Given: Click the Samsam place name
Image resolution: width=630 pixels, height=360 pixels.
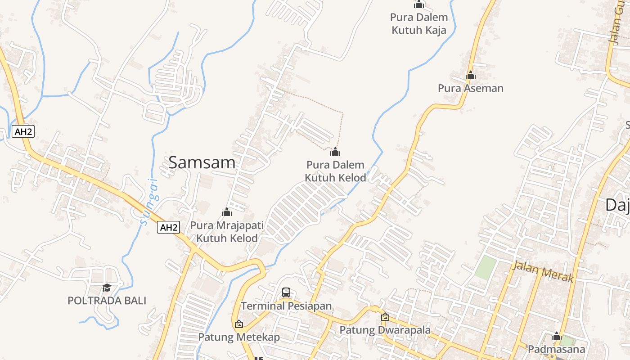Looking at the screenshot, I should click(x=202, y=162).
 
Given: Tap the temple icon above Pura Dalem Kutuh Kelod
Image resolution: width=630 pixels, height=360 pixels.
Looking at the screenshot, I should click(x=335, y=152).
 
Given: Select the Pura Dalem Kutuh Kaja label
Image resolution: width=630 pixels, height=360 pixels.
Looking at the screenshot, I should click(x=419, y=24).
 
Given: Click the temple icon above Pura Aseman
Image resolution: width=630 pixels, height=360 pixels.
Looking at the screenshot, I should click(x=471, y=75).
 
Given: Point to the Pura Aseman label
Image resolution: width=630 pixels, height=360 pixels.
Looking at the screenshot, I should click(x=471, y=88).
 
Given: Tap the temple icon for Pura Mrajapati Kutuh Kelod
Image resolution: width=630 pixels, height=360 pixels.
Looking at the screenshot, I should click(x=227, y=212).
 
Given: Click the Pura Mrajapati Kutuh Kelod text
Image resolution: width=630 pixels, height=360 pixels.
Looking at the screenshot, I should click(x=227, y=231).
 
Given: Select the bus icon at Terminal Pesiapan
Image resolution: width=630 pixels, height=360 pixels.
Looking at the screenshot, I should click(x=286, y=292).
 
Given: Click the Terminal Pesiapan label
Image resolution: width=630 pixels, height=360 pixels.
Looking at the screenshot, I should click(x=286, y=306).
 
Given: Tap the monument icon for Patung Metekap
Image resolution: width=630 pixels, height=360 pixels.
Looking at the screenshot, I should click(x=239, y=324).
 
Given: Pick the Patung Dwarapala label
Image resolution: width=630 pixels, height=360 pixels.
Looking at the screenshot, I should click(x=385, y=330).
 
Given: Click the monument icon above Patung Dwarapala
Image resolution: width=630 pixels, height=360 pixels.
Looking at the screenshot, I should click(x=385, y=317).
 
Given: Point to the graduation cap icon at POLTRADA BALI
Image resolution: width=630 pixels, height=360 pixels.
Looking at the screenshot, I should click(x=107, y=288).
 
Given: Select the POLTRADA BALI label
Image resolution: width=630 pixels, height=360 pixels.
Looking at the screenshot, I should click(x=107, y=301).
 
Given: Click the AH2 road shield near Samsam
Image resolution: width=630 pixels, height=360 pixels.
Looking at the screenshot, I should click(x=169, y=228).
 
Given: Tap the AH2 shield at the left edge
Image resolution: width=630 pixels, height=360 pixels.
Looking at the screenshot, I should click(x=23, y=132).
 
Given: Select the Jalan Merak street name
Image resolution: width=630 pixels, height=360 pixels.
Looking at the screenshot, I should click(x=543, y=272).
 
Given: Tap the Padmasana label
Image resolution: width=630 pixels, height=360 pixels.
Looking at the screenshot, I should click(x=556, y=349).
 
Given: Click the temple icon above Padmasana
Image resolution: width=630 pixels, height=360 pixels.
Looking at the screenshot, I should click(x=557, y=336).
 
